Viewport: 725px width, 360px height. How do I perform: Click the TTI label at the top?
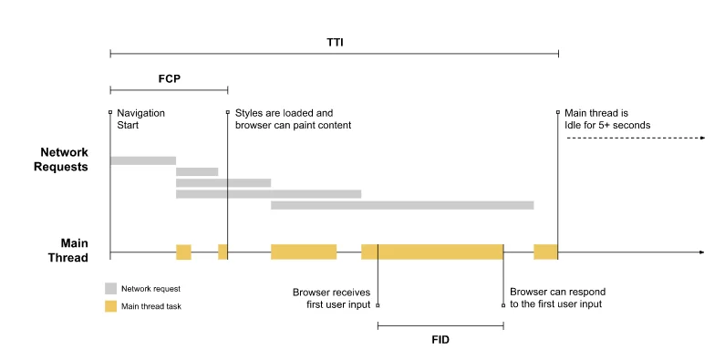coord(335,42)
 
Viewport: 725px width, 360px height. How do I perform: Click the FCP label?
coord(169,78)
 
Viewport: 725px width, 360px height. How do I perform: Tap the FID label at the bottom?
coord(440,339)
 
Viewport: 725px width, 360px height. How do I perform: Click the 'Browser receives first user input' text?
coord(331,298)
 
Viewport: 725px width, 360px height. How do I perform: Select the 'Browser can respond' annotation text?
coord(557,298)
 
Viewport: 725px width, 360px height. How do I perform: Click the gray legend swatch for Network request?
coord(111,288)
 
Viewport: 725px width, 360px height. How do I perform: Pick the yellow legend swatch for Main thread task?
coord(111,306)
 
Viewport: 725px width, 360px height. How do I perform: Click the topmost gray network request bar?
coord(142,160)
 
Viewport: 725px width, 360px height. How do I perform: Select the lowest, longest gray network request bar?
coord(401,205)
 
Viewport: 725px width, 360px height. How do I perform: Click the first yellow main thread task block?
coord(183,252)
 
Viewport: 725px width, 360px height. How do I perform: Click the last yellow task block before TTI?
coord(545,252)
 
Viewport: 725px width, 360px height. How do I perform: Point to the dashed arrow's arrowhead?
coord(703,138)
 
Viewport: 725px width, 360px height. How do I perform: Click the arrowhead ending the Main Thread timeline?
coord(700,252)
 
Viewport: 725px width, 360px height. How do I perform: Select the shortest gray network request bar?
coord(197,171)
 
